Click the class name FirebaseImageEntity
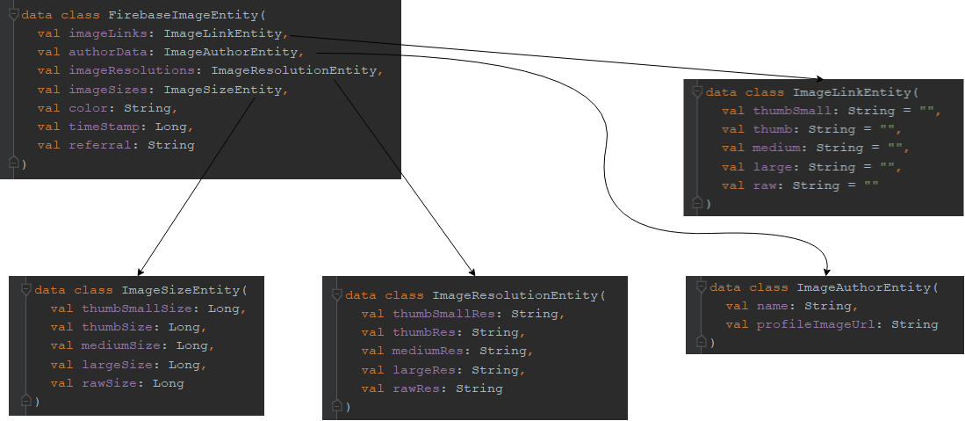tap(183, 15)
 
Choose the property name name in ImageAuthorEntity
tap(772, 306)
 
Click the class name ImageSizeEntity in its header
tap(181, 289)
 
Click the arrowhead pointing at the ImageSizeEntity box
tap(140, 272)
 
